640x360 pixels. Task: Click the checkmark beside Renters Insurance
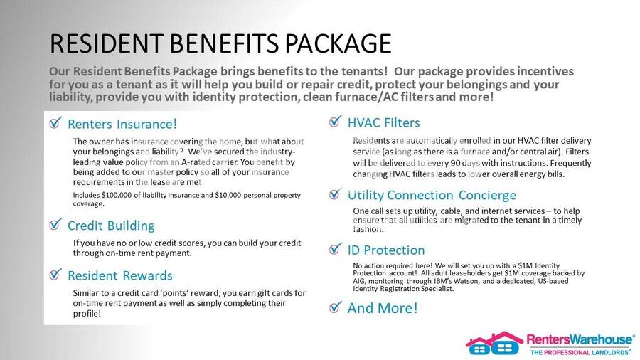pyautogui.click(x=55, y=122)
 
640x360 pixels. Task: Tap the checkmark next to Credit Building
pyautogui.click(x=55, y=224)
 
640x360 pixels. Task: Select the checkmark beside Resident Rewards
pyautogui.click(x=55, y=274)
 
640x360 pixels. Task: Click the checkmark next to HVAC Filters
pyautogui.click(x=335, y=121)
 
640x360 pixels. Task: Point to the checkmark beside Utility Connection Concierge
pyautogui.click(x=335, y=194)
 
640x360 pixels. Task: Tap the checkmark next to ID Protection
pyautogui.click(x=335, y=248)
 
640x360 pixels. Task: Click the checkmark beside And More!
pyautogui.click(x=335, y=307)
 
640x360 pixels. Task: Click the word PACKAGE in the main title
pyautogui.click(x=338, y=43)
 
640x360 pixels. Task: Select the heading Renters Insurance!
pyautogui.click(x=122, y=124)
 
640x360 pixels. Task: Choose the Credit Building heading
pyautogui.click(x=111, y=226)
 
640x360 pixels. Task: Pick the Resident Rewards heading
pyautogui.click(x=120, y=275)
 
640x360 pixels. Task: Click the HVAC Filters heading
pyautogui.click(x=384, y=123)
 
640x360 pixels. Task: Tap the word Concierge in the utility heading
pyautogui.click(x=487, y=196)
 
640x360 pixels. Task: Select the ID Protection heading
pyautogui.click(x=386, y=250)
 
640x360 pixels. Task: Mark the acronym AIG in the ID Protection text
pyautogui.click(x=360, y=281)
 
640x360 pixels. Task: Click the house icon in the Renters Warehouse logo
pyautogui.click(x=494, y=343)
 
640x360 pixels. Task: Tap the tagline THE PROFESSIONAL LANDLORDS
pyautogui.click(x=580, y=352)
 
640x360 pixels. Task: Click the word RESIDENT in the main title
pyautogui.click(x=107, y=43)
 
